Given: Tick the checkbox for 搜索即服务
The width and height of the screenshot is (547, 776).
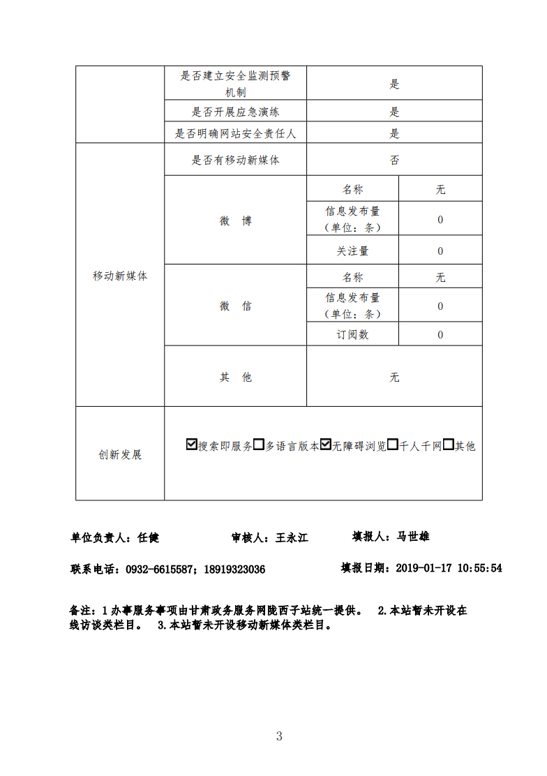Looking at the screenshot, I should pos(192,445).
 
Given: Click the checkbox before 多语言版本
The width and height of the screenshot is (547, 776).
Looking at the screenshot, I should pos(258,445).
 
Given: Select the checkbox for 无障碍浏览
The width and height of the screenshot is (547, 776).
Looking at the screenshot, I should pos(326,445).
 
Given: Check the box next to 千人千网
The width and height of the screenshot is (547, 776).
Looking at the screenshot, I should pos(393,445).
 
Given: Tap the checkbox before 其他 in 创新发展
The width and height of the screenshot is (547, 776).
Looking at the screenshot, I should pos(449,445).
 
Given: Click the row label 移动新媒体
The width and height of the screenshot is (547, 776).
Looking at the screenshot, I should pos(120,276).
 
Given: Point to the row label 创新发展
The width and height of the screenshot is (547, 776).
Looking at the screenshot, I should pos(120,454).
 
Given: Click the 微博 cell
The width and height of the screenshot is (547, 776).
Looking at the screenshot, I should pos(235,221).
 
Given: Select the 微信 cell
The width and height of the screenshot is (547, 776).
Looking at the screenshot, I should pos(235,306).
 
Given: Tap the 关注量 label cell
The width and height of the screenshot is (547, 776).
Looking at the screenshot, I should pos(352,251).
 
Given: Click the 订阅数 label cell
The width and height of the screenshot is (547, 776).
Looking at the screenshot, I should pos(352,335).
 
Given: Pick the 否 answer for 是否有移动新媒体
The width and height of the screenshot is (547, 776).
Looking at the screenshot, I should pos(394,160).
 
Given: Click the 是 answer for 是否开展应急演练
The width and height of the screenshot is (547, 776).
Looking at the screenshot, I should pos(394,112).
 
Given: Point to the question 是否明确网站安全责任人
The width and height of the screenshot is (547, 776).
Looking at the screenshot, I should pos(235,133).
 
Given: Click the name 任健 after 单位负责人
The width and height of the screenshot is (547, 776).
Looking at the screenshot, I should pos(149,537).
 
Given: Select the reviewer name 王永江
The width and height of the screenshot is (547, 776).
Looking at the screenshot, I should pos(292,537).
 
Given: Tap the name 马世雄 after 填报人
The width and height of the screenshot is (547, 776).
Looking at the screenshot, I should pos(413,536).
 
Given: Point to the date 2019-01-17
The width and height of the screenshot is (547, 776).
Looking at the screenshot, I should pos(424,568).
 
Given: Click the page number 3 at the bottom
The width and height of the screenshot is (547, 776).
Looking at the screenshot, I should pos(278,736).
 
